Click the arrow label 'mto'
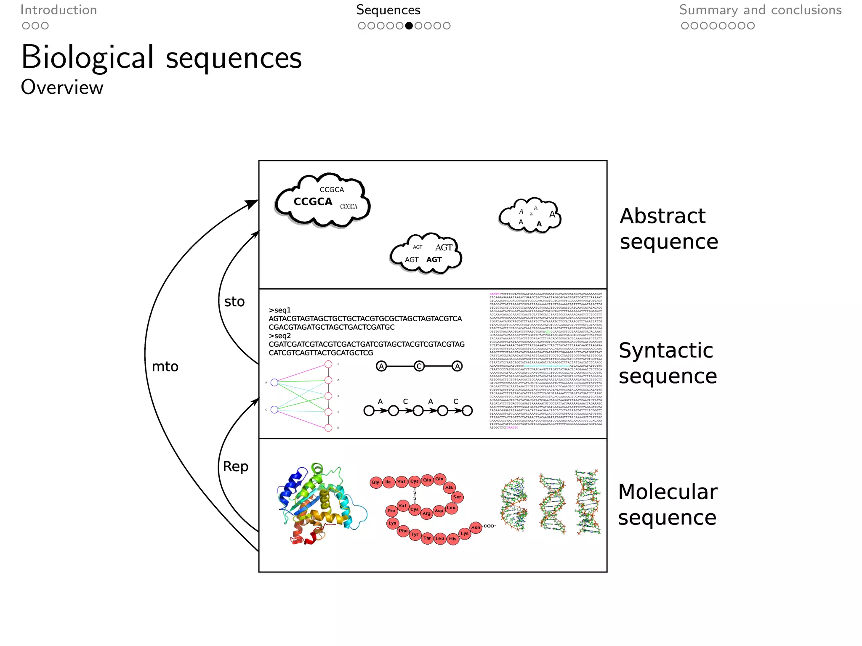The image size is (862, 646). (165, 367)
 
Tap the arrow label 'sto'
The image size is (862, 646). (234, 302)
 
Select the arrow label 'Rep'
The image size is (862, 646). (235, 466)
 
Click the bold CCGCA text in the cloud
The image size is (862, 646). (313, 202)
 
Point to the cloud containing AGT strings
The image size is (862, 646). (426, 254)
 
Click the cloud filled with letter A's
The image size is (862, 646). (530, 215)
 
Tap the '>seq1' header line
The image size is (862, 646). (280, 310)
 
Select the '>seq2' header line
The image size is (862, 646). (280, 336)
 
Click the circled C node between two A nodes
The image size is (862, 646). (419, 366)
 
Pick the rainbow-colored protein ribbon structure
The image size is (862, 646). (320, 505)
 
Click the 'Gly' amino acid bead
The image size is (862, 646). (375, 482)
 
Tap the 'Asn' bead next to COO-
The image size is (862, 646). (476, 527)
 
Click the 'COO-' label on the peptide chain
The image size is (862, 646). (490, 526)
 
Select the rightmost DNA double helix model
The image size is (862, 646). (588, 503)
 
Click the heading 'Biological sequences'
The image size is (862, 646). (162, 58)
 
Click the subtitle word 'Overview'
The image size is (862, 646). (62, 87)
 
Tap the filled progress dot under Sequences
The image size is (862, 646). (409, 26)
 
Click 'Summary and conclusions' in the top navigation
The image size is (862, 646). (760, 10)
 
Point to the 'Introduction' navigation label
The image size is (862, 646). (59, 10)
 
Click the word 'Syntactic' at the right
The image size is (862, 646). (666, 350)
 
